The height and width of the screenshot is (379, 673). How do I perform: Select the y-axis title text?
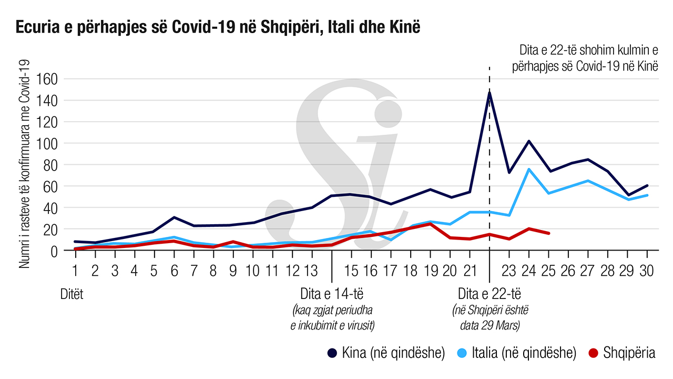pyautogui.click(x=24, y=164)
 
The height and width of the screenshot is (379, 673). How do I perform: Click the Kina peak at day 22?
pyautogui.click(x=490, y=93)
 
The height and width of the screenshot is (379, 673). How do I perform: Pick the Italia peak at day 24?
pyautogui.click(x=528, y=169)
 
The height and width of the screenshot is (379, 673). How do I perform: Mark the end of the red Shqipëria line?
pyautogui.click(x=549, y=233)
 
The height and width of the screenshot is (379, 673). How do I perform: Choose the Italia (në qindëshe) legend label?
pyautogui.click(x=516, y=353)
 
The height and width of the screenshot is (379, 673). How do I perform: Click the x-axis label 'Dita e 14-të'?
pyautogui.click(x=332, y=293)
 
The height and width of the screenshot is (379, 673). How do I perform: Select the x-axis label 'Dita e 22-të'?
pyautogui.click(x=489, y=293)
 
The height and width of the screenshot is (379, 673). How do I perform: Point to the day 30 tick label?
pyautogui.click(x=646, y=271)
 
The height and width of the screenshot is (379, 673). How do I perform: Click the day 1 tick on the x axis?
pyautogui.click(x=75, y=271)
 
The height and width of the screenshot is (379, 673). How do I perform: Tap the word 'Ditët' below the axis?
pyautogui.click(x=72, y=293)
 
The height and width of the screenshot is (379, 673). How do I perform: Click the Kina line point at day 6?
pyautogui.click(x=174, y=217)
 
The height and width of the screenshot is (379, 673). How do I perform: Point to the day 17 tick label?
pyautogui.click(x=390, y=271)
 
